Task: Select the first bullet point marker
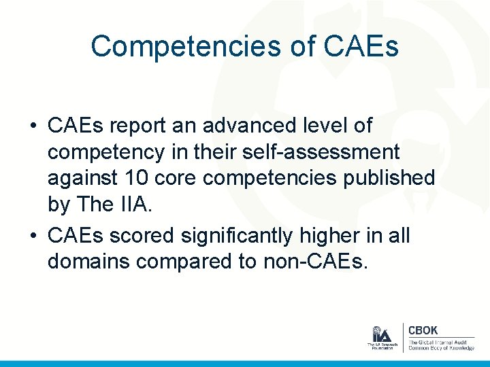33,126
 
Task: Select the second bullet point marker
33,235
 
